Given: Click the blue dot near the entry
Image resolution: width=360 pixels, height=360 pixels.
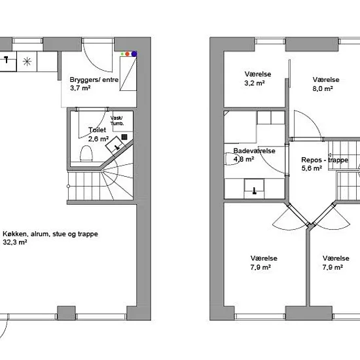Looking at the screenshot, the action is (134, 54).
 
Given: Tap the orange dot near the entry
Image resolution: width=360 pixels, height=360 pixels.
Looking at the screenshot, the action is (128, 54).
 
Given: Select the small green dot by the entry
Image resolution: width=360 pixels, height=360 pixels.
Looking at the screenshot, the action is (122, 54).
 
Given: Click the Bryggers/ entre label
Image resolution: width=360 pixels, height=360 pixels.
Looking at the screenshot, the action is (94, 80).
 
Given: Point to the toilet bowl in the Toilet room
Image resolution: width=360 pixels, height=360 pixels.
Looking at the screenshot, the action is (86, 153).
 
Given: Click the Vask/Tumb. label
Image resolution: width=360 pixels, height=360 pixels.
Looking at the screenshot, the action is (117, 120).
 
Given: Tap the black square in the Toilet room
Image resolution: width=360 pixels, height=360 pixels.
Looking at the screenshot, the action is (124, 137).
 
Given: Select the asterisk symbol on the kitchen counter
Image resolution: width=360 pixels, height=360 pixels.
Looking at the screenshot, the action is (27, 62).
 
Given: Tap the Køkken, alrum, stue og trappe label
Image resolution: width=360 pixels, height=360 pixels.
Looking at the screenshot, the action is (50, 234).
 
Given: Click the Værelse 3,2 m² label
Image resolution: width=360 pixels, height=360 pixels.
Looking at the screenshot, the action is (258, 79).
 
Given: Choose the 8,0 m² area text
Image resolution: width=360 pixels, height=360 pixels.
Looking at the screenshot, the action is (323, 88).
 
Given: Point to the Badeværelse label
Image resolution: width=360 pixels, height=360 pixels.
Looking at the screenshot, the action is (254, 151).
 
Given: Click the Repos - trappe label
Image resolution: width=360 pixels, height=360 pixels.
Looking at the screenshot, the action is (325, 160).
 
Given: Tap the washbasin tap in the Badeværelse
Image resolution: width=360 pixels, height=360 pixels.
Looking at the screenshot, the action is (255, 191).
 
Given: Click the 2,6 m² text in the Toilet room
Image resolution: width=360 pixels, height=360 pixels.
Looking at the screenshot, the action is (98, 139).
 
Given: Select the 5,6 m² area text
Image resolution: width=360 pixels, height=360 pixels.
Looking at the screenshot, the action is (312, 168).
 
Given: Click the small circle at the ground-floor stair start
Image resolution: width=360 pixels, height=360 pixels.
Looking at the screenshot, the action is (69, 186).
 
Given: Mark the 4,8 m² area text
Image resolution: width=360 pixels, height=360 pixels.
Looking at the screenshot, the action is (243, 159).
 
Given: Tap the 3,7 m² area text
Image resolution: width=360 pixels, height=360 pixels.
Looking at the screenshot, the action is (80, 88).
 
